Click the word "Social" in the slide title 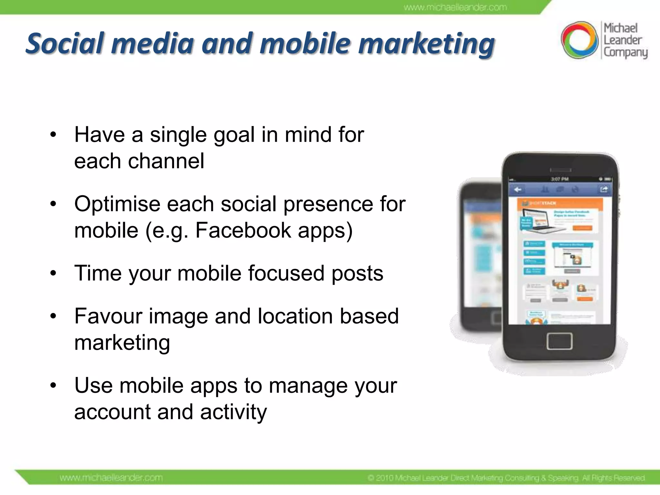(65, 44)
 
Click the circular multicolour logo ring (579, 40)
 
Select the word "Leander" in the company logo (622, 40)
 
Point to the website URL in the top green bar (455, 7)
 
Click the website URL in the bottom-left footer (111, 478)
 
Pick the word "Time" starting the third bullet (98, 273)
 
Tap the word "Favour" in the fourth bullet (108, 316)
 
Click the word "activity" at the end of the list (233, 412)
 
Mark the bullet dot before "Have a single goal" (53, 134)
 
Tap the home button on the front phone (559, 341)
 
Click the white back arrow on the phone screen (518, 189)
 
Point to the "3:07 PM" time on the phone (559, 179)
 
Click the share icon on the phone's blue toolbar (604, 189)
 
